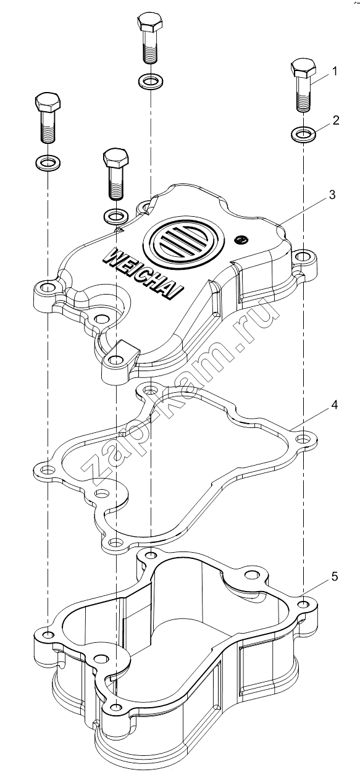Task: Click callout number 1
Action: click(x=335, y=72)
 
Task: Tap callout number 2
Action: click(x=336, y=120)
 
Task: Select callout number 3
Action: click(x=332, y=195)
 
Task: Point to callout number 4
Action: click(x=334, y=405)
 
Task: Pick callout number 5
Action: click(x=334, y=577)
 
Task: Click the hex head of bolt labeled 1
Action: click(x=303, y=69)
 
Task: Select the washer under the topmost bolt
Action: click(x=151, y=82)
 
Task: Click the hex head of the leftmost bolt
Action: click(x=48, y=103)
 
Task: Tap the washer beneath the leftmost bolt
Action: click(x=48, y=162)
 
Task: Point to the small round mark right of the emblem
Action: click(x=241, y=239)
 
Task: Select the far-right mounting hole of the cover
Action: click(x=304, y=258)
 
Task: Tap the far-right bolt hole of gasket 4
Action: click(x=304, y=438)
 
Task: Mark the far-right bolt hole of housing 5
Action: click(x=304, y=603)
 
